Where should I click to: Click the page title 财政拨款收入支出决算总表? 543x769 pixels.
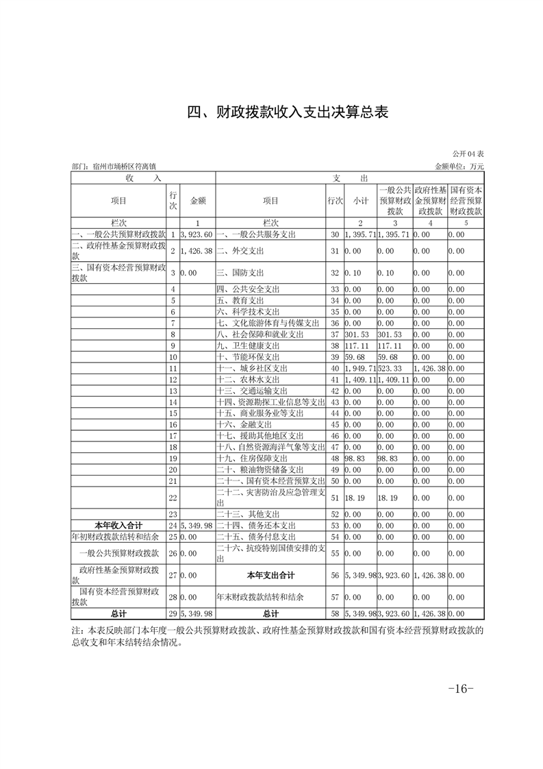(x=288, y=112)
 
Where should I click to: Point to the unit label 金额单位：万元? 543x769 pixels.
(x=459, y=167)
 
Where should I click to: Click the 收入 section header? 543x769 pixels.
(x=143, y=178)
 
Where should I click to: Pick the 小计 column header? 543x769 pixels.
(x=360, y=201)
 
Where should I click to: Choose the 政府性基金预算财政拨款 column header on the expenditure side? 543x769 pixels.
(x=430, y=201)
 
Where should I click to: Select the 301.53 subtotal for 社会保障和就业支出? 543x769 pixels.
(x=357, y=334)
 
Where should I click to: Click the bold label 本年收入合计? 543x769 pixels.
(x=118, y=525)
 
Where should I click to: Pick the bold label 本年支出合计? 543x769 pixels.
(x=270, y=575)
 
